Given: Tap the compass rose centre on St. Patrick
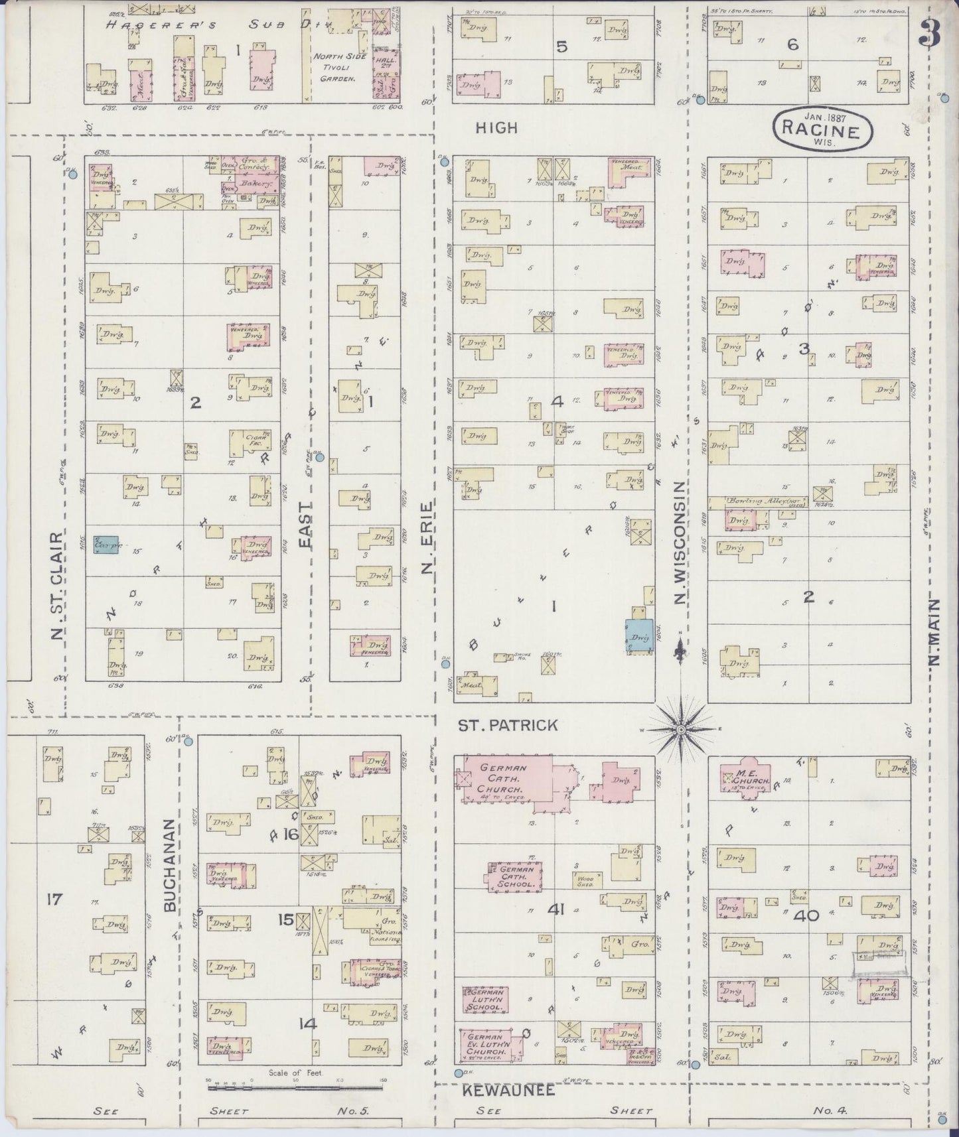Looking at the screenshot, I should [x=680, y=730].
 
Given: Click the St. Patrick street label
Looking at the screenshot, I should [x=508, y=725].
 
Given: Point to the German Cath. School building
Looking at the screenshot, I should [x=516, y=876].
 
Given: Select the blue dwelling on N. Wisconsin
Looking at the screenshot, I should [x=638, y=636].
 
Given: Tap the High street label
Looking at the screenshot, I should [x=496, y=128].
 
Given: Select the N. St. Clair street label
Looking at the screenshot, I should [x=57, y=586].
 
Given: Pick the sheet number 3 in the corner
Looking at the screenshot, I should [x=930, y=33].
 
